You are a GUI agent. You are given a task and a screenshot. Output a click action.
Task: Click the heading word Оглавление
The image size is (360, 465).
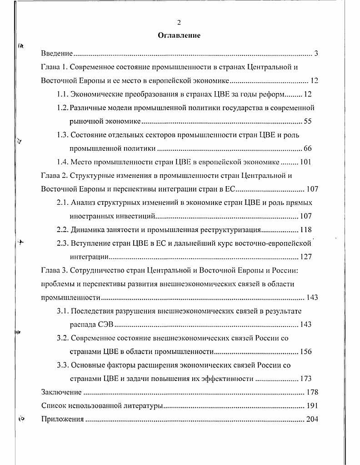179,35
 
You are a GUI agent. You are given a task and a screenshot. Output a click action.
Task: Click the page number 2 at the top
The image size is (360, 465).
179,23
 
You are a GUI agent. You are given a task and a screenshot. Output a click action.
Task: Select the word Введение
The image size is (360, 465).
57,54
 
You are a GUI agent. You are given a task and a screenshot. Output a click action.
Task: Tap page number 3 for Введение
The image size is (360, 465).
315,54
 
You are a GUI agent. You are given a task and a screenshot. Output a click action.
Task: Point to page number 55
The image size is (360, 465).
308,122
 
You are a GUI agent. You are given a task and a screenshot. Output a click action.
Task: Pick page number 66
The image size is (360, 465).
308,148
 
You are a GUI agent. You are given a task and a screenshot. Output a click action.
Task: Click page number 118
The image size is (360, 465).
305,230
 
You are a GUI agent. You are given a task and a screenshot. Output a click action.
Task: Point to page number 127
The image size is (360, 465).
305,257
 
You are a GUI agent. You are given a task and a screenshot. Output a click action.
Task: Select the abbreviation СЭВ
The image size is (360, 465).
105,325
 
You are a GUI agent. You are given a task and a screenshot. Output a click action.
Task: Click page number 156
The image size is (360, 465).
305,351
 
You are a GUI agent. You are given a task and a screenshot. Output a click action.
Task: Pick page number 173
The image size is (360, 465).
305,379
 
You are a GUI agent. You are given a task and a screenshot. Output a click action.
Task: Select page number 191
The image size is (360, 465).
312,406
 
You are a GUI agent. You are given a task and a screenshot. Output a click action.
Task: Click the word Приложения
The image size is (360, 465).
62,419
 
